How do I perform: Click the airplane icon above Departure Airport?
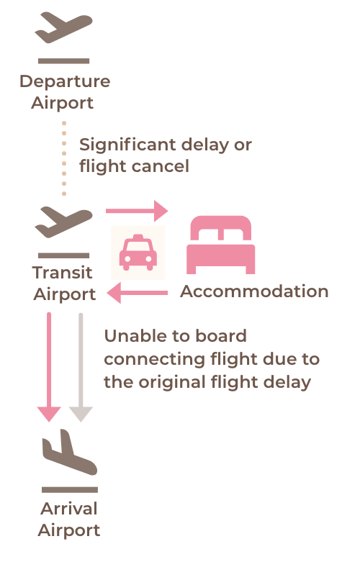pos(63,27)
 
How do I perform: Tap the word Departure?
pos(65,82)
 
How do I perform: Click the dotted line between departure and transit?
pos(64,158)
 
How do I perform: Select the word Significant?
pos(127,145)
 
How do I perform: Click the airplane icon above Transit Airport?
pos(63,222)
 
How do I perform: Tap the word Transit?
pos(62,273)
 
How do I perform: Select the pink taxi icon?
pos(138,253)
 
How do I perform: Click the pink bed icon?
pos(221,245)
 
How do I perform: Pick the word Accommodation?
pos(254,291)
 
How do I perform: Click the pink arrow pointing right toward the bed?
pos(137,211)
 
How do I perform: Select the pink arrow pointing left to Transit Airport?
pos(137,293)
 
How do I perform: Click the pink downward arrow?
pos(49,367)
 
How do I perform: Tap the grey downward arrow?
pos(81,367)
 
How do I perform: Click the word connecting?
pos(155,360)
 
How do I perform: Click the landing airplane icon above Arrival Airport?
pos(70,452)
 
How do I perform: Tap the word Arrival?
pos(68,509)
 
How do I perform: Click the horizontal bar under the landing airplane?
pos(70,490)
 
